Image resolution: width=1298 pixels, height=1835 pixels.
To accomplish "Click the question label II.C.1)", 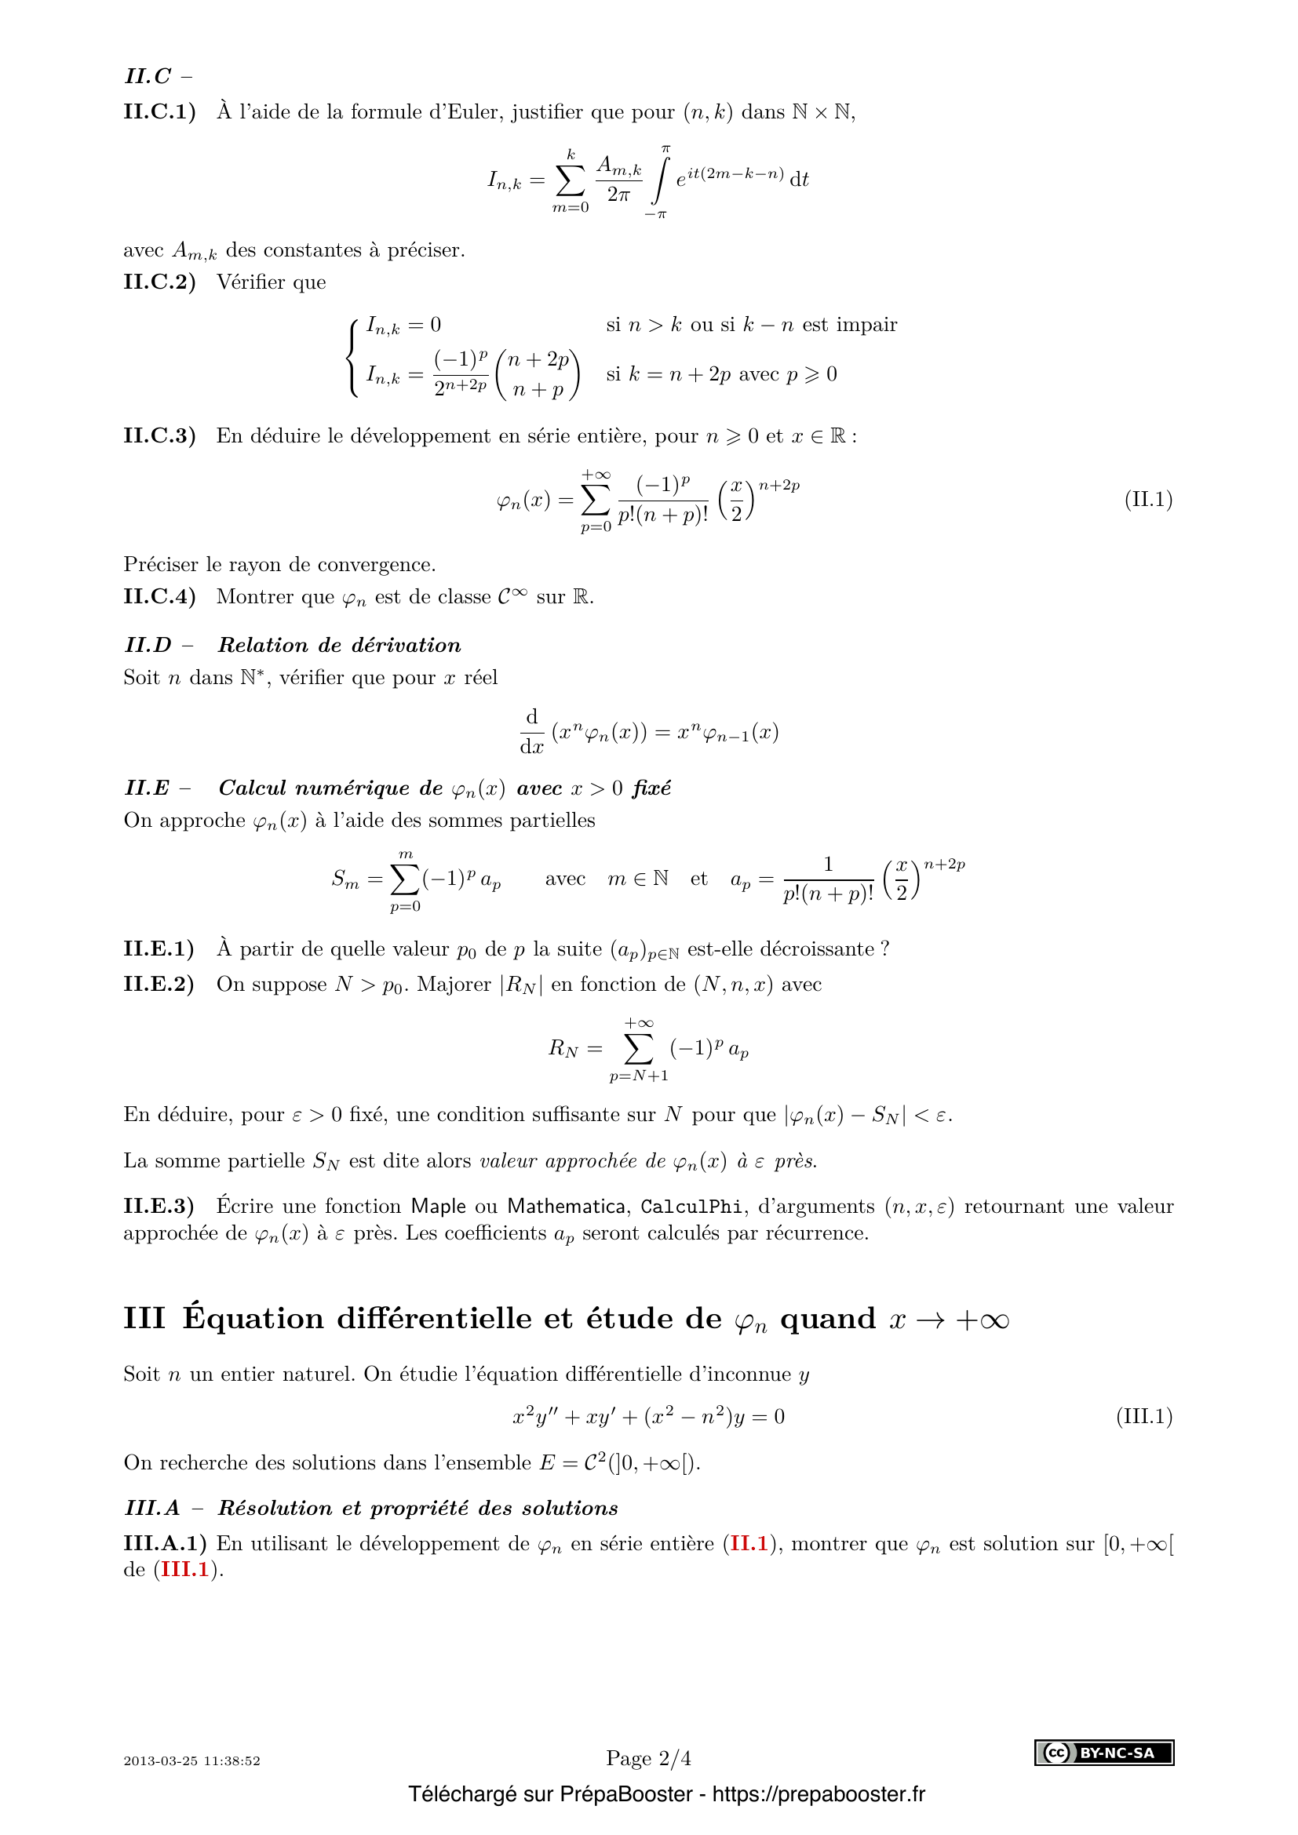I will [x=159, y=112].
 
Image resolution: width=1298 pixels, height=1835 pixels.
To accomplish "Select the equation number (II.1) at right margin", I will [x=1148, y=500].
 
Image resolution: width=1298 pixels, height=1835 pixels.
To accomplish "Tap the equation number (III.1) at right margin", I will [x=1143, y=1416].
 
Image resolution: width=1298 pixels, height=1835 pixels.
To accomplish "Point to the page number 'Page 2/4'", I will [x=648, y=1757].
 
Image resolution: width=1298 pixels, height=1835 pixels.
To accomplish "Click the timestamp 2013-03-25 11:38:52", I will [x=191, y=1760].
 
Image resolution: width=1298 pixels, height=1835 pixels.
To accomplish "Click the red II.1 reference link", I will [x=749, y=1543].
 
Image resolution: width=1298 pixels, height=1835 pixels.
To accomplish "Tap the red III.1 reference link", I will [x=184, y=1570].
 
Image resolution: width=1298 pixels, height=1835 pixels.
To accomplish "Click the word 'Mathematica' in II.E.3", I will [x=566, y=1206].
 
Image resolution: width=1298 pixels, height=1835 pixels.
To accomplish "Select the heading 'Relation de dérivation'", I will [x=339, y=645].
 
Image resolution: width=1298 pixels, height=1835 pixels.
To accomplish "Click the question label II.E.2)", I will [x=159, y=984].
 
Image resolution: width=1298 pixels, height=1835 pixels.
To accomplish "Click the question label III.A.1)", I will [x=165, y=1543].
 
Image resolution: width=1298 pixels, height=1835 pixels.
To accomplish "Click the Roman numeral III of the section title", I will [x=144, y=1319].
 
